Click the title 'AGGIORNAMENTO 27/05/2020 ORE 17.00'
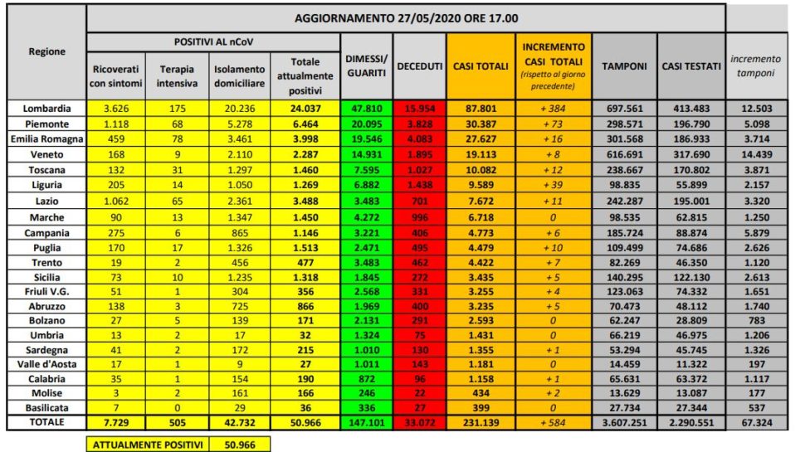[x=406, y=17]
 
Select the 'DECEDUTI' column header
[x=419, y=66]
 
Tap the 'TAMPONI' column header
[x=624, y=66]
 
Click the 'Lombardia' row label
[x=47, y=109]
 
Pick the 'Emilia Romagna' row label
[x=47, y=139]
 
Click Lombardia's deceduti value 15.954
[x=419, y=109]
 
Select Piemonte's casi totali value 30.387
[x=481, y=124]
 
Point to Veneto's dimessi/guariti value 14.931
[x=367, y=153]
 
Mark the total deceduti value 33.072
[x=419, y=421]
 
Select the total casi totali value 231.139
[x=481, y=421]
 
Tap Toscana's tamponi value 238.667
[x=624, y=168]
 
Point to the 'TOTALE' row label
[x=47, y=421]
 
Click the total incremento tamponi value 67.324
[x=756, y=421]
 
